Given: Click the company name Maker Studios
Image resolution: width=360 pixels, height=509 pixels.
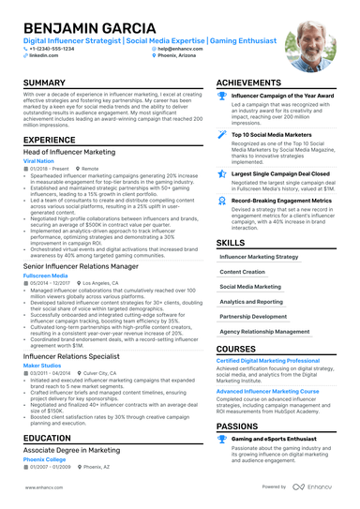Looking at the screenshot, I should tap(43, 367).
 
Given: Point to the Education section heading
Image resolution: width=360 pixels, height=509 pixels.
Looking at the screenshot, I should tap(48, 438).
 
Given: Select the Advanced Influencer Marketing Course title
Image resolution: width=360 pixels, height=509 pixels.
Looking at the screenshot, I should tap(268, 391).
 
